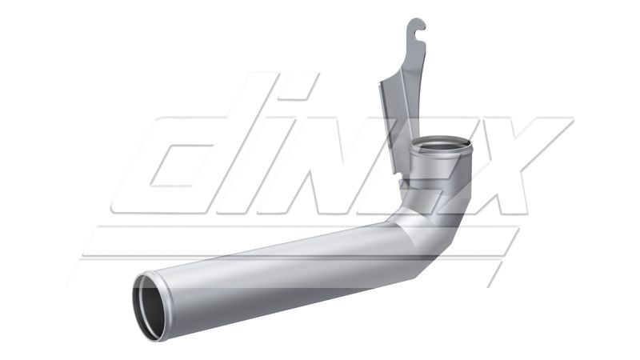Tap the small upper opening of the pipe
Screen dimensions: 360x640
(x=441, y=146)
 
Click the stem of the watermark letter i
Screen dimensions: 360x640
(x=272, y=168)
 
